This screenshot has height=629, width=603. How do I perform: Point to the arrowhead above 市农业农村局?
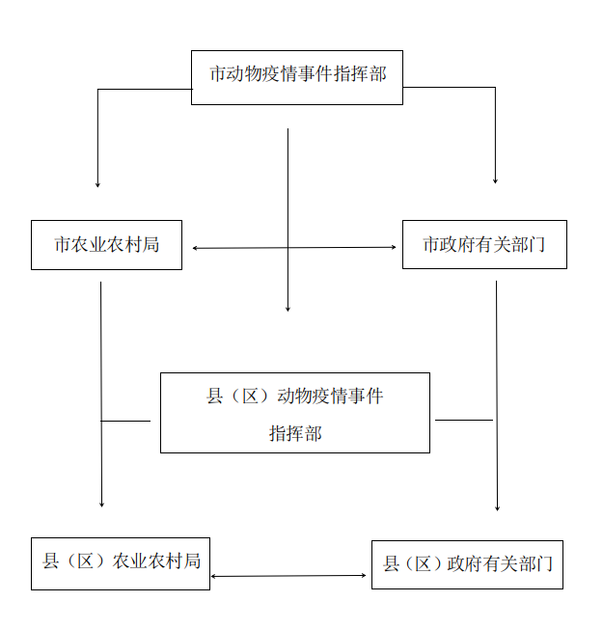click(x=97, y=185)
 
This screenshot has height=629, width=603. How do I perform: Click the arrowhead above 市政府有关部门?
click(x=495, y=181)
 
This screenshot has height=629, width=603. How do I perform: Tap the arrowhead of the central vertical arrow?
click(x=288, y=309)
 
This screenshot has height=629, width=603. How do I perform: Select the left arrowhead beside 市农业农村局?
click(x=195, y=248)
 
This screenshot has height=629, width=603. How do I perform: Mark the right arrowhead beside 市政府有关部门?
click(x=394, y=247)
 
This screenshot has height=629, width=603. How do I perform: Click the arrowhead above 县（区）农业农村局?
click(x=101, y=505)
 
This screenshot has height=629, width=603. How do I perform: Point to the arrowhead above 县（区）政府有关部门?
click(x=497, y=508)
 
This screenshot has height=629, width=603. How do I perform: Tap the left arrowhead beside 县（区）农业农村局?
click(x=213, y=577)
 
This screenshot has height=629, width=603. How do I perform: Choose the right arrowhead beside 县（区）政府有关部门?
click(x=364, y=575)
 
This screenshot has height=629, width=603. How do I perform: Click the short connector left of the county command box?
click(x=125, y=421)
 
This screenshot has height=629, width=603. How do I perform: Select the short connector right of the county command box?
click(x=464, y=420)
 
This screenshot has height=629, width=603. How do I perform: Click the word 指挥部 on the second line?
click(x=295, y=433)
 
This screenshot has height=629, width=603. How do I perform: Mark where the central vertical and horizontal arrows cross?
click(x=288, y=248)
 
